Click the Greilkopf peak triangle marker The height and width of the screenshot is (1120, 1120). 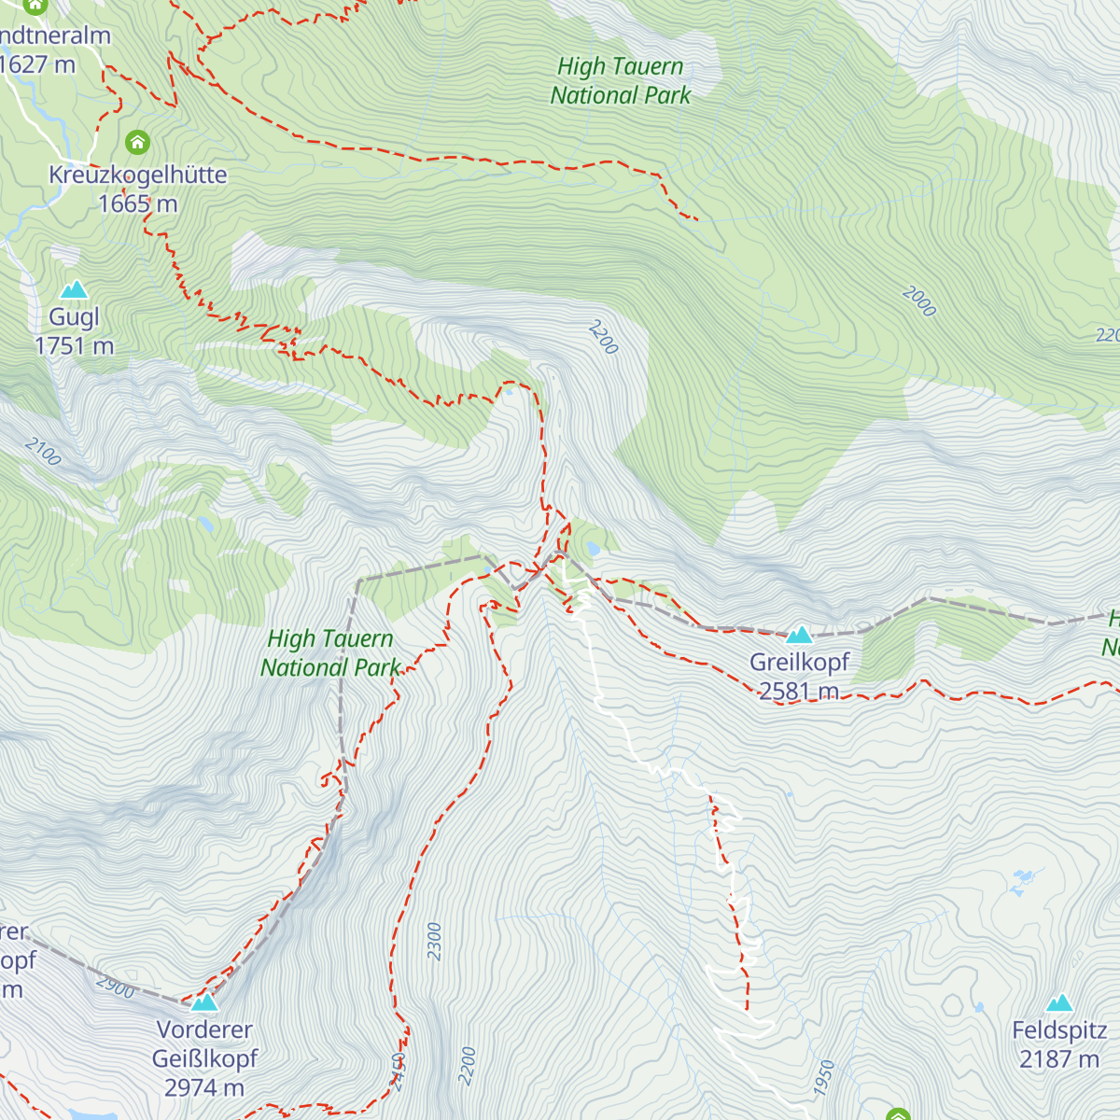pyautogui.click(x=799, y=637)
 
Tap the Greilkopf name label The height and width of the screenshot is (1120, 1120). pyautogui.click(x=800, y=663)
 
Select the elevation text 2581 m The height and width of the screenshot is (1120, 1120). pyautogui.click(x=799, y=692)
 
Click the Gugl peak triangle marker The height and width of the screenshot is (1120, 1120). pyautogui.click(x=74, y=290)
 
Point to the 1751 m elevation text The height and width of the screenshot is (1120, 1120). pyautogui.click(x=74, y=346)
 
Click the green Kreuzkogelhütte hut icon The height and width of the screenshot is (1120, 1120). pyautogui.click(x=138, y=143)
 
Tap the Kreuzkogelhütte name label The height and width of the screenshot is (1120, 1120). pyautogui.click(x=138, y=175)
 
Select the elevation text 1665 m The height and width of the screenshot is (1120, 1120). pyautogui.click(x=138, y=203)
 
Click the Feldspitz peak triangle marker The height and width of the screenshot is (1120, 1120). pyautogui.click(x=1058, y=1003)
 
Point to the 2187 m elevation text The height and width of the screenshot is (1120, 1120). pyautogui.click(x=1058, y=1059)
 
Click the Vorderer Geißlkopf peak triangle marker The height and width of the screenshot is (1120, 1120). pyautogui.click(x=204, y=1003)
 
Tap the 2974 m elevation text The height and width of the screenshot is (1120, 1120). pyautogui.click(x=204, y=1088)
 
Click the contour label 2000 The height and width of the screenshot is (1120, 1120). pyautogui.click(x=919, y=301)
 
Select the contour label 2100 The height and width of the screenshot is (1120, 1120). pyautogui.click(x=43, y=452)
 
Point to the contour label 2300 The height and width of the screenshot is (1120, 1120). pyautogui.click(x=434, y=941)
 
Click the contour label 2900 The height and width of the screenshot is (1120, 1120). pyautogui.click(x=116, y=987)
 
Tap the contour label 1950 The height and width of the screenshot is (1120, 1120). pyautogui.click(x=823, y=1078)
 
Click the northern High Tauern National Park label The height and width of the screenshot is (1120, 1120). pyautogui.click(x=621, y=81)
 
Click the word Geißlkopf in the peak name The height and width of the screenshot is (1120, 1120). pyautogui.click(x=204, y=1059)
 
